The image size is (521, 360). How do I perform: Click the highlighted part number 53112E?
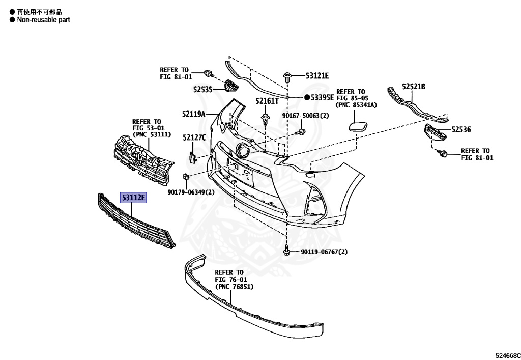(133, 198)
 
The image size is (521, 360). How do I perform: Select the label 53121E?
(317, 76)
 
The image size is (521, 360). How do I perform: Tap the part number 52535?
(203, 89)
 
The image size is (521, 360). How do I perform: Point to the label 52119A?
(193, 114)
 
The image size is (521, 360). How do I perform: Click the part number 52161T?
(267, 101)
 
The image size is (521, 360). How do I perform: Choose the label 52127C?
(194, 137)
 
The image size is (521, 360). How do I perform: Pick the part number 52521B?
(414, 87)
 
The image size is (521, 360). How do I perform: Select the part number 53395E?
(323, 97)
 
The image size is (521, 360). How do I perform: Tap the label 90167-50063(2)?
(307, 116)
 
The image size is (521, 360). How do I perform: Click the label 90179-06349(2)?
(191, 192)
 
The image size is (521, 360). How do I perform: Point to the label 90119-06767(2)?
(324, 252)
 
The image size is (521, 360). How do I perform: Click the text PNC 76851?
(235, 287)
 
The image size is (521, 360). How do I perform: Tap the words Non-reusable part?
(43, 20)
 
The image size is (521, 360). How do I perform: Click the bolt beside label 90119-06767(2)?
(287, 252)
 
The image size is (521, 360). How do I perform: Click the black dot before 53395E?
(307, 97)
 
